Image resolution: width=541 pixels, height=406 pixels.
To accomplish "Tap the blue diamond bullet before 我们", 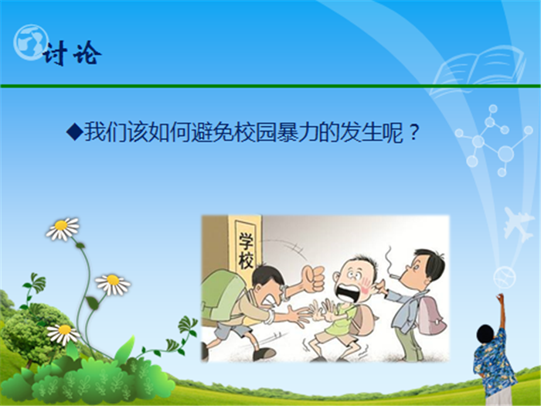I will point(74,131).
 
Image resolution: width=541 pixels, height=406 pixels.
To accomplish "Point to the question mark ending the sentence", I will point(413,132).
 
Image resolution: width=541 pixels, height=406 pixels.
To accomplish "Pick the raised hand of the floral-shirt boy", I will point(500,298).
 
